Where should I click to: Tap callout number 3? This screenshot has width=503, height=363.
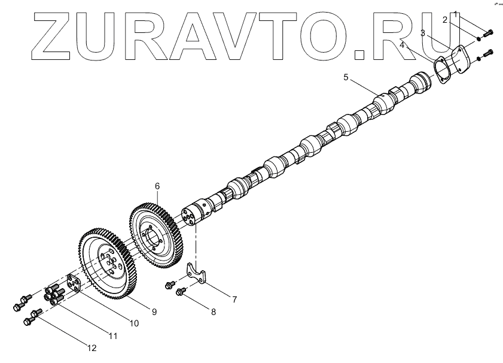pyautogui.click(x=422, y=34)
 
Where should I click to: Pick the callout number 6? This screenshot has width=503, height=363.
pyautogui.click(x=157, y=186)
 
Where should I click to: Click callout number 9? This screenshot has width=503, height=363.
pyautogui.click(x=154, y=311)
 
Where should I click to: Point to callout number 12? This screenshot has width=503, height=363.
pyautogui.click(x=92, y=347)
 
